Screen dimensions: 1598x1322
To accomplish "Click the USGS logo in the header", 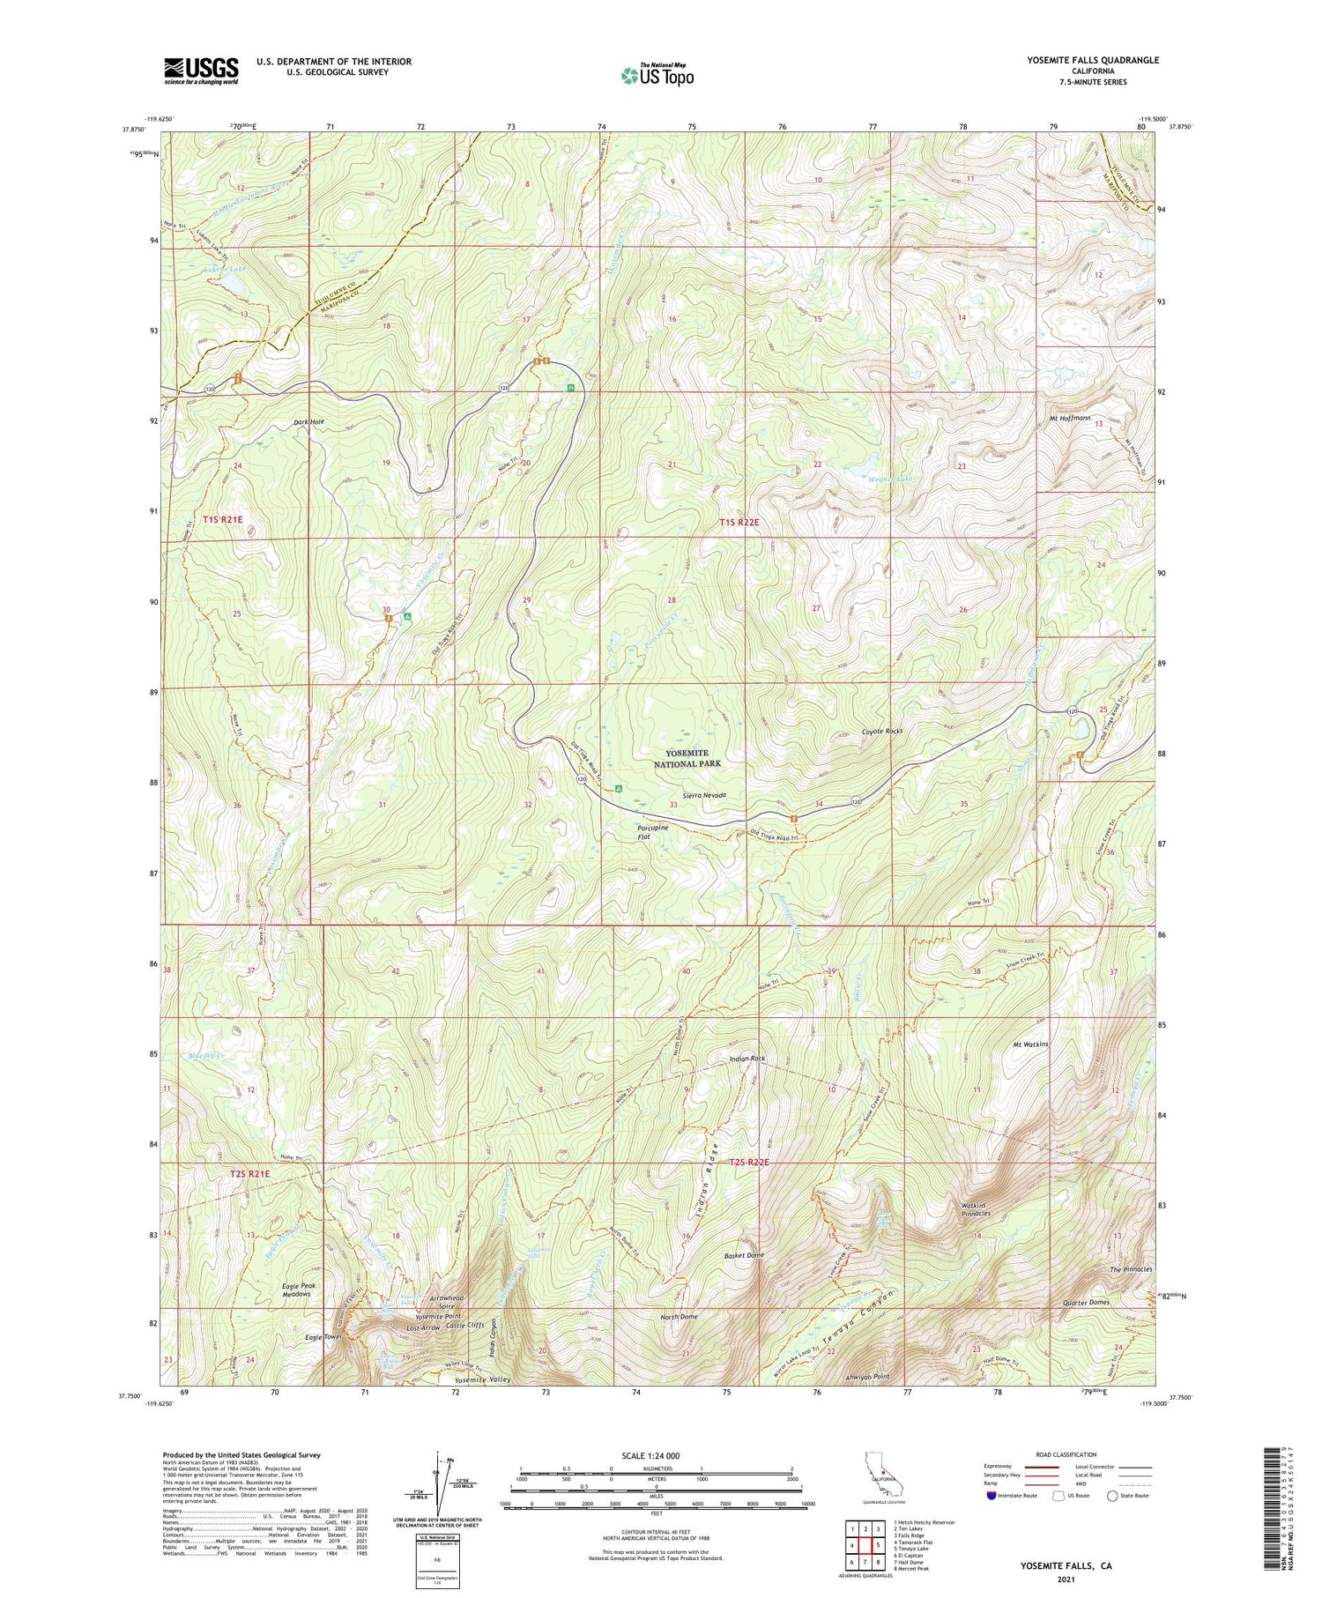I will click(201, 71).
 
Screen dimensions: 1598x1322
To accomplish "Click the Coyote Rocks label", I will click(882, 732).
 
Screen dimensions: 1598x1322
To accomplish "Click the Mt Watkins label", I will click(1029, 1044).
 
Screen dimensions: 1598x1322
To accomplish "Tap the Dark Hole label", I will click(308, 422).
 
